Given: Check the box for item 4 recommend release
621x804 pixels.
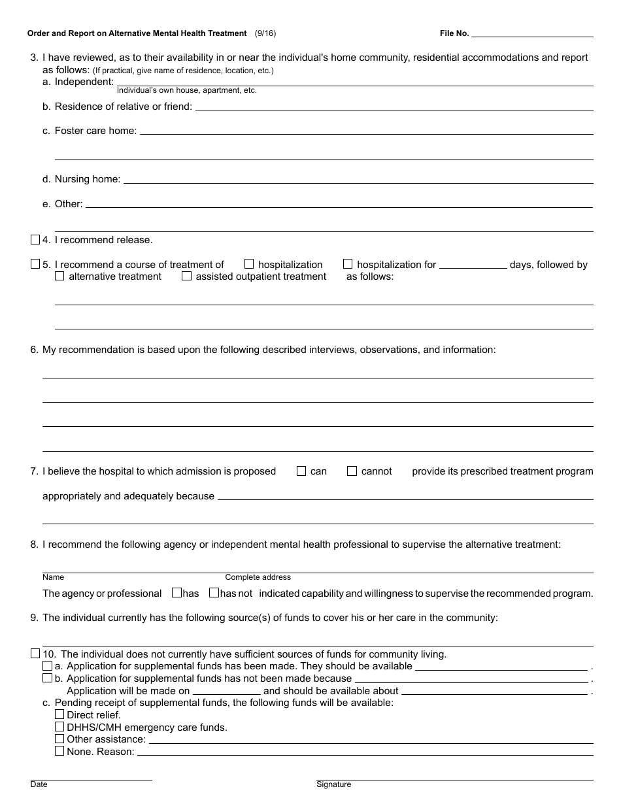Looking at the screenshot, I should click(x=35, y=240).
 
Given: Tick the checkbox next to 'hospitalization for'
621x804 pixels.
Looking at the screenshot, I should click(x=348, y=264).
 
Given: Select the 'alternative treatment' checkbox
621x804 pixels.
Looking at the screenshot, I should click(x=59, y=276).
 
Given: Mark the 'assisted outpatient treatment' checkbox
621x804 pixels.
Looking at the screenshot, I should click(x=186, y=276).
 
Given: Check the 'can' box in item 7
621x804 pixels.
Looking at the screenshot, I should click(x=301, y=471).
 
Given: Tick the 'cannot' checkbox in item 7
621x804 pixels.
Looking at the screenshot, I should click(x=352, y=471).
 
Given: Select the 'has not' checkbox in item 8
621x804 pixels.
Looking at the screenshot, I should click(x=214, y=593).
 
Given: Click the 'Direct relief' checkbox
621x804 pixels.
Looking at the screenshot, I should click(x=59, y=714).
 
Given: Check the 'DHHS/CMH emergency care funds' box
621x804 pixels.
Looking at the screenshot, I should click(x=59, y=726).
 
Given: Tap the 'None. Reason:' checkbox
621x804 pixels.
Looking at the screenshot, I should click(x=59, y=751).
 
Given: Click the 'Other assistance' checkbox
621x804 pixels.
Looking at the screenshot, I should click(x=59, y=739).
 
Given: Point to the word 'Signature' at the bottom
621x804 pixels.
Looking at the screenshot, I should click(x=333, y=784).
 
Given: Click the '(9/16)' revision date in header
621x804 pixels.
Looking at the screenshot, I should click(x=266, y=33).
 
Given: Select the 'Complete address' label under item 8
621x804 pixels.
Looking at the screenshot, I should click(x=258, y=577).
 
